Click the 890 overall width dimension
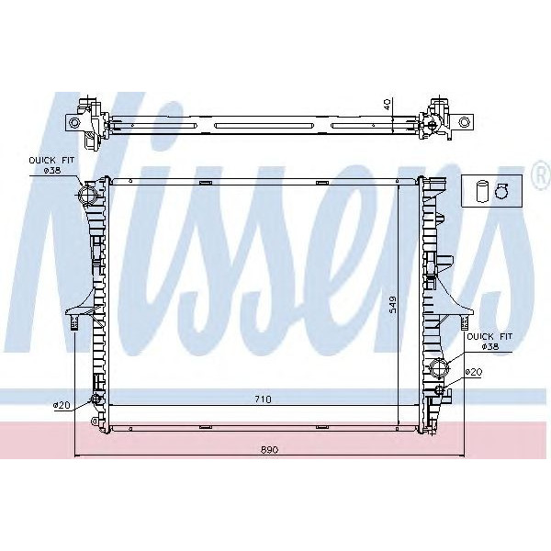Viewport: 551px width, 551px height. pos(268,450)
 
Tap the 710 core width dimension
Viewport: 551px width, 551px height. pos(264,399)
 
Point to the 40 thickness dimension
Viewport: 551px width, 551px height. pos(389,105)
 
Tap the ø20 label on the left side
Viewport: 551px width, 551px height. pos(62,405)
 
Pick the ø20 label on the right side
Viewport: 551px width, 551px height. pos(473,372)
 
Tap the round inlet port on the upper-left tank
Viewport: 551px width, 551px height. pos(88,196)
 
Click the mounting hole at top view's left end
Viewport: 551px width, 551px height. pos(74,121)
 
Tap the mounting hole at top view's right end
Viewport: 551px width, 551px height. pos(465,121)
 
